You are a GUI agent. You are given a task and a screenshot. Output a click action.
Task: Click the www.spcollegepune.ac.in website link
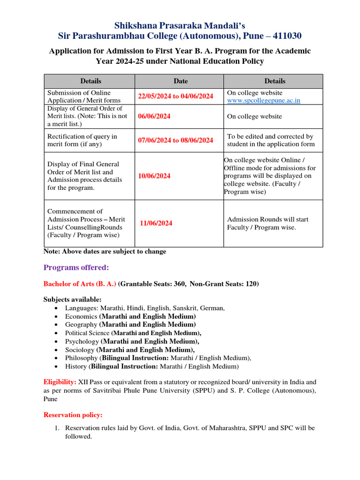(x=263, y=100)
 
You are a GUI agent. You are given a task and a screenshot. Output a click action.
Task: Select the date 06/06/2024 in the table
(x=154, y=116)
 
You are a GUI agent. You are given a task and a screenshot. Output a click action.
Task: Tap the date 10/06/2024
(x=154, y=176)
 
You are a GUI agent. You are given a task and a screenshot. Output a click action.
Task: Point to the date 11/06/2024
(x=156, y=223)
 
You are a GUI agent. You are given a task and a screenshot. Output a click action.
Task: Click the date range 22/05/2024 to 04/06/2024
(x=175, y=96)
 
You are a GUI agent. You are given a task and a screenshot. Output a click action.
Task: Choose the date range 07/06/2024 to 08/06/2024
(x=175, y=140)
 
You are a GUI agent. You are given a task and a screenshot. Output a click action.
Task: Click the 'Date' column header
(x=180, y=81)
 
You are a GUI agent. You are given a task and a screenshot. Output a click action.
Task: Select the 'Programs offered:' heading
(x=76, y=268)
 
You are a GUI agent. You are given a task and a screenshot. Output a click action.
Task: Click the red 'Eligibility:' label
(x=60, y=382)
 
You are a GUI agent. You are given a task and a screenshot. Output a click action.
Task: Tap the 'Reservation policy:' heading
(x=73, y=415)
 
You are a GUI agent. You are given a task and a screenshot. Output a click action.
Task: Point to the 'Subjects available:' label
(x=72, y=300)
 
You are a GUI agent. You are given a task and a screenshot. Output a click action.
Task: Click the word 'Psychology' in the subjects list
(x=82, y=341)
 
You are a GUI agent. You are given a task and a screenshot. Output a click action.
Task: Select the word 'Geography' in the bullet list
(x=81, y=324)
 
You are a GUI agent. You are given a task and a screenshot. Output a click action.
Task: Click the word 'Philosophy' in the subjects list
(x=82, y=358)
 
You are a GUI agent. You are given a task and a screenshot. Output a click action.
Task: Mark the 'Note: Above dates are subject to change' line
(x=105, y=252)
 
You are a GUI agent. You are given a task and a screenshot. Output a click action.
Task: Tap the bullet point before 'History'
(x=56, y=367)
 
